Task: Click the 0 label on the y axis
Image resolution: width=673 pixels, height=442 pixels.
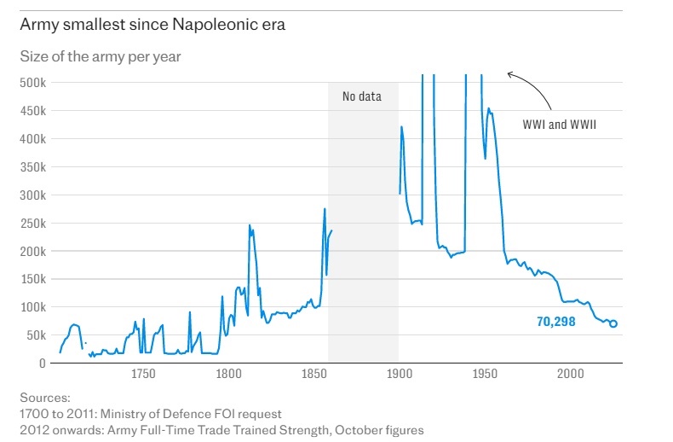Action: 41,363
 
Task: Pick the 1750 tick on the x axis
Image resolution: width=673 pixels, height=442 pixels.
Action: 142,374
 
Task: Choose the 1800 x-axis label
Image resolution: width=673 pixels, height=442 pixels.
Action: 227,374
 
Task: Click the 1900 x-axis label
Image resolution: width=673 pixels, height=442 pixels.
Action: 399,374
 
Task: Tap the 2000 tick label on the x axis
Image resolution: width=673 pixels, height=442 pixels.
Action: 570,374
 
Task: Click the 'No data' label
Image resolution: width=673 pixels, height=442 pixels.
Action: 362,96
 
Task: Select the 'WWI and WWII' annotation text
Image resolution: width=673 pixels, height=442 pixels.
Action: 559,125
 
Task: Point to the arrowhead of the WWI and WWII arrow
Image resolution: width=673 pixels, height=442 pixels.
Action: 509,74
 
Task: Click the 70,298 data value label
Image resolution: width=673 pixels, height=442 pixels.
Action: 555,323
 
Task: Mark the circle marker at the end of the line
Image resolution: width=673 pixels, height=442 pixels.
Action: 613,323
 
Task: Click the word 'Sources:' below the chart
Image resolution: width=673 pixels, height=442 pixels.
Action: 45,398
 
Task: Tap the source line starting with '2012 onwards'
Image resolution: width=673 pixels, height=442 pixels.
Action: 221,430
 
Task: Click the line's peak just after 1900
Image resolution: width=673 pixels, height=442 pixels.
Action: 401,127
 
